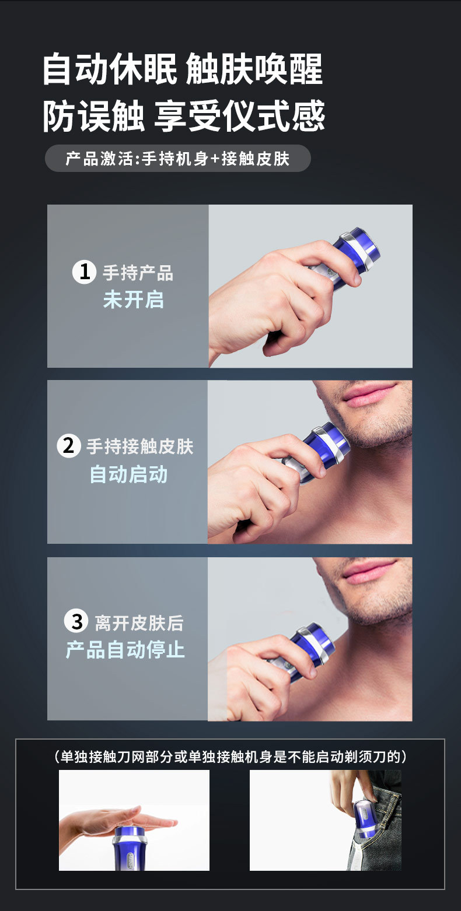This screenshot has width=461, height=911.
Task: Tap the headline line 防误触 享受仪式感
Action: (184, 115)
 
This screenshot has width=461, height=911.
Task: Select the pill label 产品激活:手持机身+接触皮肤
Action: (177, 159)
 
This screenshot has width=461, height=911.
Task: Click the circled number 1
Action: (85, 272)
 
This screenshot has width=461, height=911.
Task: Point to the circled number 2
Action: (69, 446)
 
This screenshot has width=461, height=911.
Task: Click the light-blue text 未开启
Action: (133, 300)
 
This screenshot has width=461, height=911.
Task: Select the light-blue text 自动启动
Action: (128, 474)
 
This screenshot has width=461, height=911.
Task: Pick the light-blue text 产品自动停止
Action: (125, 650)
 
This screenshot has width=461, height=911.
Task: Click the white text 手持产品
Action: (138, 273)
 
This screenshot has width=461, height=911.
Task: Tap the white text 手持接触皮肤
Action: (139, 447)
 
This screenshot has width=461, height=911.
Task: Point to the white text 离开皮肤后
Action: (139, 623)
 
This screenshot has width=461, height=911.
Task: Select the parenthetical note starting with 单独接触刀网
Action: (230, 757)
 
